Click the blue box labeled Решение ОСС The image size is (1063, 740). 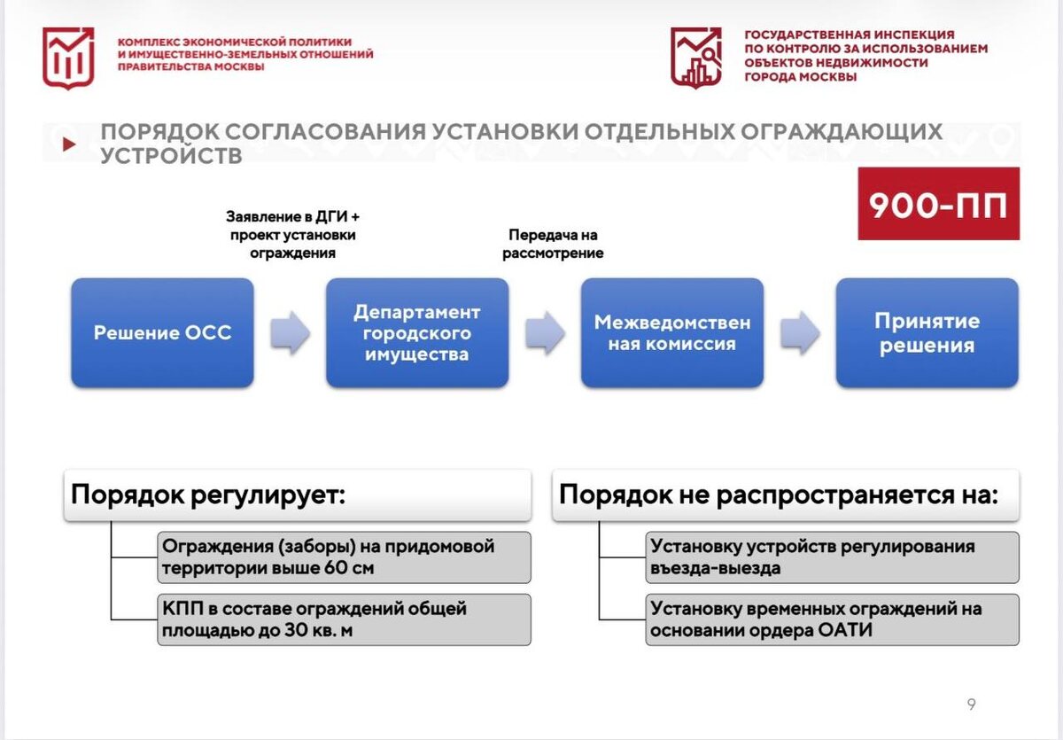(x=162, y=333)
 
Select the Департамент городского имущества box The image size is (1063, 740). (x=417, y=333)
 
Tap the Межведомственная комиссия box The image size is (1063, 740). (x=671, y=333)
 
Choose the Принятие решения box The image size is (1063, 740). (x=927, y=333)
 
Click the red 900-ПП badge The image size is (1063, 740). (x=938, y=204)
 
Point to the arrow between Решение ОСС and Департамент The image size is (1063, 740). (x=291, y=333)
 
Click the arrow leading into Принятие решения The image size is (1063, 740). (x=800, y=333)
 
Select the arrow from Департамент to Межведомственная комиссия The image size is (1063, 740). (x=545, y=333)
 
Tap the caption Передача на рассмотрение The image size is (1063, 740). (x=553, y=244)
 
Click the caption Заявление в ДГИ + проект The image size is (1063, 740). (x=293, y=234)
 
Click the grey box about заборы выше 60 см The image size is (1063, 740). (x=344, y=557)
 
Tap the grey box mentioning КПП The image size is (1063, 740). (x=344, y=619)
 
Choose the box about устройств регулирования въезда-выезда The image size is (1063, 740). (x=832, y=557)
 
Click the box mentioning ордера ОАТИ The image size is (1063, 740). (x=832, y=619)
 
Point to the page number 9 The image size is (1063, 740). (x=971, y=705)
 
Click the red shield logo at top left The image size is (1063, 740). (x=68, y=58)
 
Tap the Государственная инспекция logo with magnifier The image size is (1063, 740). (x=695, y=57)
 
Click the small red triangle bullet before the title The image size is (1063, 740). (x=69, y=144)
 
